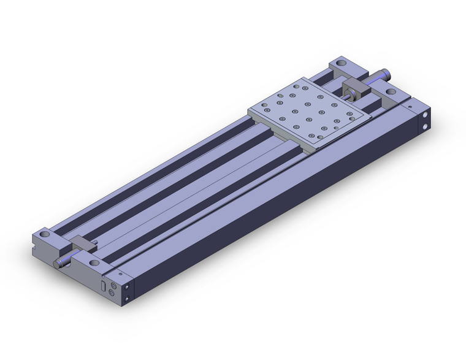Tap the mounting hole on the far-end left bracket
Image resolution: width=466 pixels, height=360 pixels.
(x=341, y=64)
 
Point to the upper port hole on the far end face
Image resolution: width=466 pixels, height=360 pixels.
(x=424, y=116)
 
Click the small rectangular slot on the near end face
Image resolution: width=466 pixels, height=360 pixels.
(x=102, y=286)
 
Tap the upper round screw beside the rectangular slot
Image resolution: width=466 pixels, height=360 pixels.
(x=111, y=285)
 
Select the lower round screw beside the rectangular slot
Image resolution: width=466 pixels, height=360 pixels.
(x=112, y=294)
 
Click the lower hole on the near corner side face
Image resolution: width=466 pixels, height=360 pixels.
(x=127, y=299)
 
